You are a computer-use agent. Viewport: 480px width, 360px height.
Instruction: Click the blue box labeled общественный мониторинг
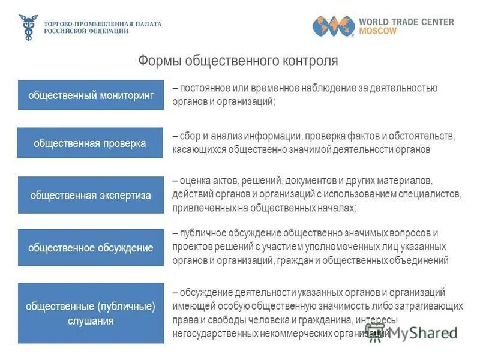tap(91, 95)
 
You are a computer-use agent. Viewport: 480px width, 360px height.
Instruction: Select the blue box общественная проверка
tap(90, 143)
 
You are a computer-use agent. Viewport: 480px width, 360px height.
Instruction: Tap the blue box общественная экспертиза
tap(91, 195)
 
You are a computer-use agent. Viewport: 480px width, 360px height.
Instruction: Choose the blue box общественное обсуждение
tap(91, 248)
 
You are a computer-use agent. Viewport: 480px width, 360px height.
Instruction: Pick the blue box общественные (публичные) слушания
tap(91, 313)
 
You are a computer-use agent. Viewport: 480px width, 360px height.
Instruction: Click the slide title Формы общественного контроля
tap(238, 61)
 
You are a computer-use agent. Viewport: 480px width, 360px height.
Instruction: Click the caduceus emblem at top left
tap(28, 27)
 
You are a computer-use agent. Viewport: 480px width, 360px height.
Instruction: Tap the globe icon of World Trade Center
tap(332, 26)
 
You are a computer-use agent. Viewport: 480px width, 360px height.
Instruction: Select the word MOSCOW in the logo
tap(377, 31)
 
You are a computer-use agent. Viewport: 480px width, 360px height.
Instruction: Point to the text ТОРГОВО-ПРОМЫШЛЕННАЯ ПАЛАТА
tap(103, 23)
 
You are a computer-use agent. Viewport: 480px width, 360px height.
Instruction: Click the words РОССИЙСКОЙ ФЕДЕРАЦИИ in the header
tap(86, 31)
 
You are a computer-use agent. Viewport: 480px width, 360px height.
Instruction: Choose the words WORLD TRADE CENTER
tap(406, 22)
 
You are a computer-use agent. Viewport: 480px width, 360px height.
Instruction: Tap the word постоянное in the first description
tap(202, 88)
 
